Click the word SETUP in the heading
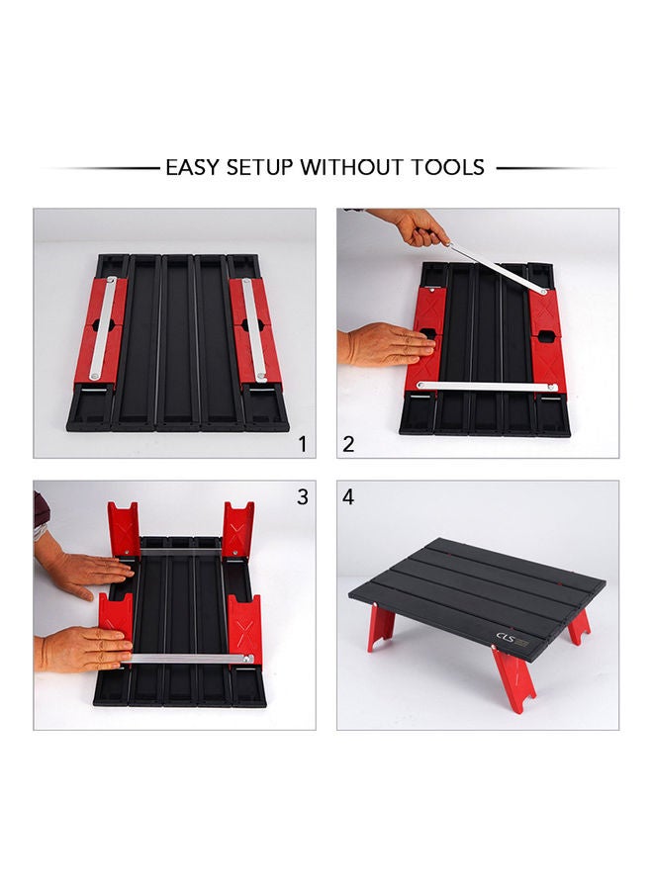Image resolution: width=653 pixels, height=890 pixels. click(256, 167)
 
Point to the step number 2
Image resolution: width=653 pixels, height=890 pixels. click(348, 444)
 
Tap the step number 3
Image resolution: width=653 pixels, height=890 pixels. click(303, 497)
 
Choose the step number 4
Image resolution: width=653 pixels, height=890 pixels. click(348, 497)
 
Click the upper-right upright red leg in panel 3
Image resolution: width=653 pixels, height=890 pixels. click(237, 529)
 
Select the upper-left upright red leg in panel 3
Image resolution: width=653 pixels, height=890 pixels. click(124, 529)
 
